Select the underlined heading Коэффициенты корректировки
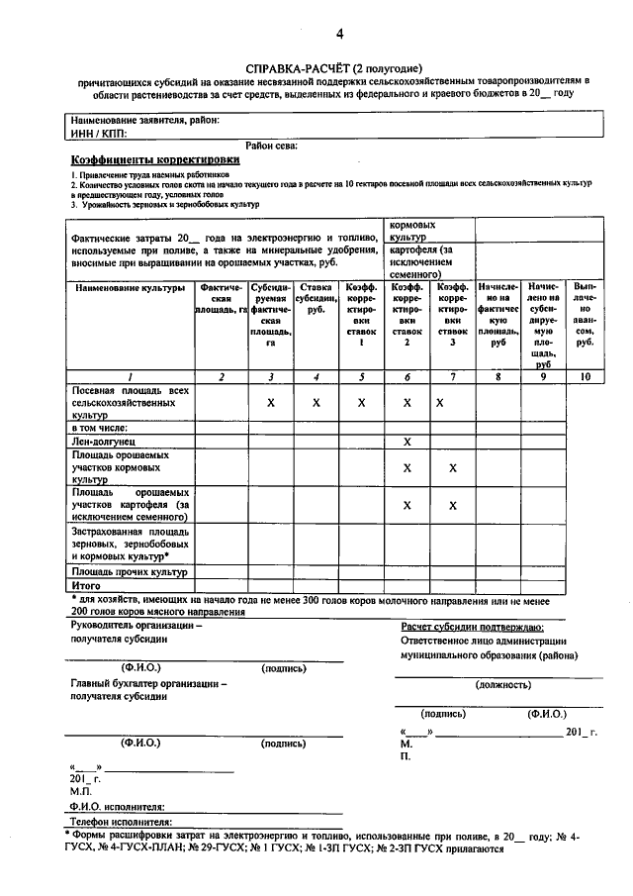[155, 158]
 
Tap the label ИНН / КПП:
[99, 131]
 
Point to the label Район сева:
[273, 145]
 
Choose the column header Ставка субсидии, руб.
[316, 297]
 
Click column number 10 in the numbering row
[585, 376]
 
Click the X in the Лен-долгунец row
[407, 440]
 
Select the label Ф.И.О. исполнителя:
[117, 808]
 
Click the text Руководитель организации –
[136, 626]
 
